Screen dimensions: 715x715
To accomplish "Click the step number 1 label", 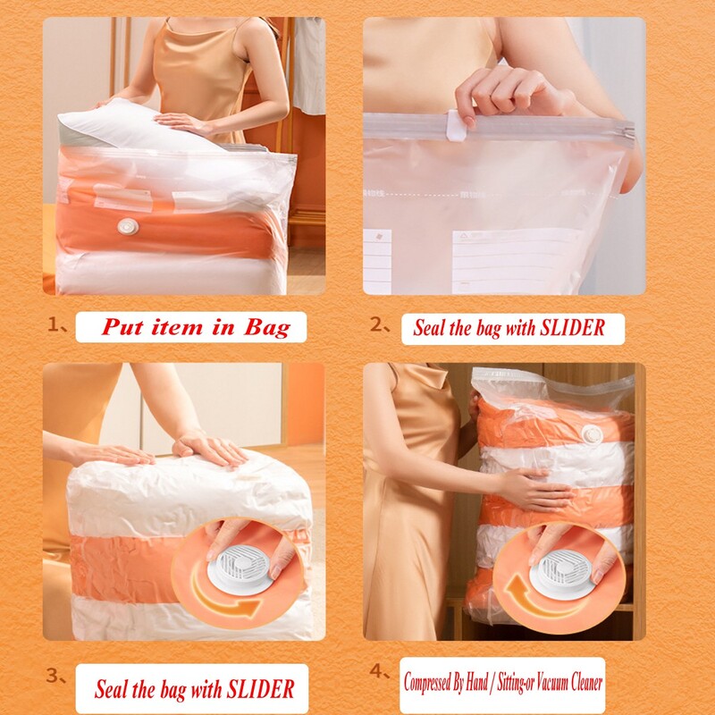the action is pyautogui.click(x=54, y=325).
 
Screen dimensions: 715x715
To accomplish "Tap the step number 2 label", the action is pyautogui.click(x=376, y=324).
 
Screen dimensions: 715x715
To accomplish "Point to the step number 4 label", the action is pyautogui.click(x=376, y=671).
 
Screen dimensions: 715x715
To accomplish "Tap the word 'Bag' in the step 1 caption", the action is pyautogui.click(x=267, y=328).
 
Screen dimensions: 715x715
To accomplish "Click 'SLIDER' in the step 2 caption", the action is pyautogui.click(x=572, y=328).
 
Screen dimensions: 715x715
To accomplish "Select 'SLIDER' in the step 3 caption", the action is pyautogui.click(x=261, y=689).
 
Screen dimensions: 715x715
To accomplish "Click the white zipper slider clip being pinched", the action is pyautogui.click(x=456, y=125).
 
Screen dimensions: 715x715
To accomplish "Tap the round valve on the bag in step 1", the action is pyautogui.click(x=128, y=226).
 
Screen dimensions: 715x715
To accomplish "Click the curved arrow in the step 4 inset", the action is pyautogui.click(x=529, y=596).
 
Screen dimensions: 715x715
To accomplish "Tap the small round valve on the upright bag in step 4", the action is pyautogui.click(x=593, y=435).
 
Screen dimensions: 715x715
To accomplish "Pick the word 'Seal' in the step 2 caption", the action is pyautogui.click(x=429, y=328).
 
